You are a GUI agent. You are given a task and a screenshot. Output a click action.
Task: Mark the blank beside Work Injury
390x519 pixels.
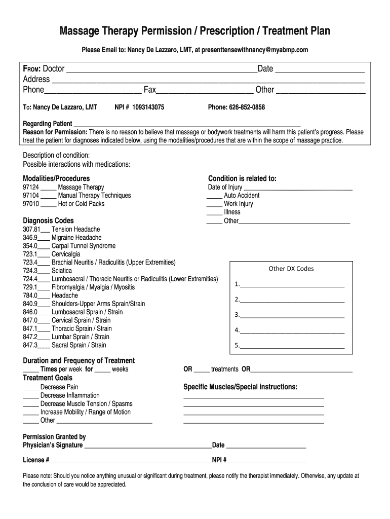pos(214,205)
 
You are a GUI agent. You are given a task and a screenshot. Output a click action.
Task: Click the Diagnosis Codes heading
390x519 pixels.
pos(48,220)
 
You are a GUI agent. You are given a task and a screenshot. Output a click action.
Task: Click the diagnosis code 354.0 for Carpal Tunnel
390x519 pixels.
pos(30,246)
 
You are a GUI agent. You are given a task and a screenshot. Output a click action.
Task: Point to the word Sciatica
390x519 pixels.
pos(62,271)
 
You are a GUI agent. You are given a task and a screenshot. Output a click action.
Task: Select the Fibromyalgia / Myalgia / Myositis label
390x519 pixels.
pos(93,287)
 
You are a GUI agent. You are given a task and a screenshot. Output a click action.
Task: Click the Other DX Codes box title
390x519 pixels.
pos(291,269)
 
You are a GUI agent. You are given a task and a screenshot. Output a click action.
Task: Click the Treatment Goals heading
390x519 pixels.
pos(48,378)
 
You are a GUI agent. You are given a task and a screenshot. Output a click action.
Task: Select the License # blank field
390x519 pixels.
pos(130,461)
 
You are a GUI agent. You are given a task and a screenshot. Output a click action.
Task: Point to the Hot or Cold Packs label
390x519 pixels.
pos(81,204)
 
